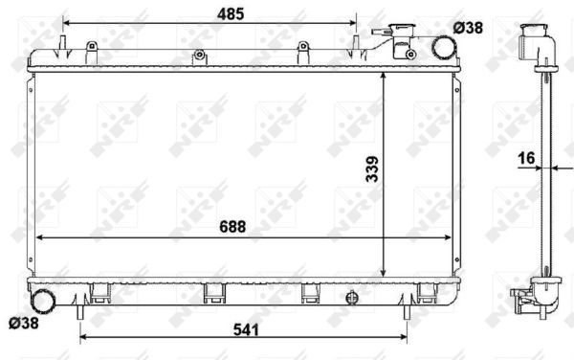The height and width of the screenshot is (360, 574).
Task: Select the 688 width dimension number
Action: [x=232, y=227]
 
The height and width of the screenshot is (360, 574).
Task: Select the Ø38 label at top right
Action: [x=469, y=29]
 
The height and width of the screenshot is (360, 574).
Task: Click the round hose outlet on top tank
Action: [x=442, y=46]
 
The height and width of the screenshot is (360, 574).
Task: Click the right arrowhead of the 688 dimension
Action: [x=450, y=236]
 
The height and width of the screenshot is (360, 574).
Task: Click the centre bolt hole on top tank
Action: [x=200, y=56]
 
